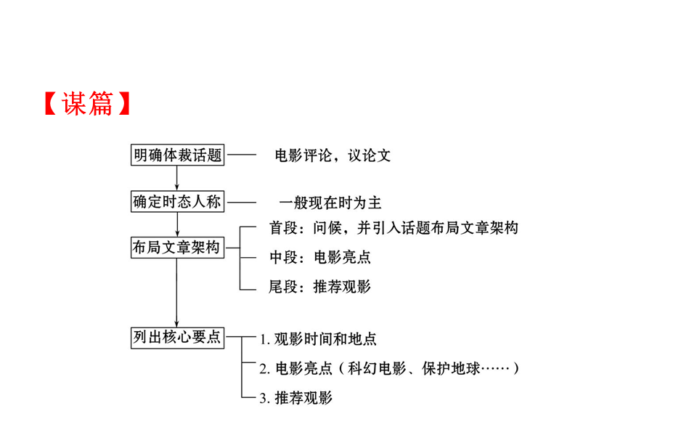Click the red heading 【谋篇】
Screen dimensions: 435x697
point(86,104)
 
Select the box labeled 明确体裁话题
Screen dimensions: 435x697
point(177,155)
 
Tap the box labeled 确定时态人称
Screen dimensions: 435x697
point(177,201)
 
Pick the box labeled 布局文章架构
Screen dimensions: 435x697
point(177,247)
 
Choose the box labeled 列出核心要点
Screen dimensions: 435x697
point(177,337)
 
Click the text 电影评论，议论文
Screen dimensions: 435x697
point(333,155)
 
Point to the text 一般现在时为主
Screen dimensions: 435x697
point(330,203)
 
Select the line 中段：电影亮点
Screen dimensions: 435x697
point(320,257)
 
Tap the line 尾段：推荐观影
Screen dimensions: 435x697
point(320,287)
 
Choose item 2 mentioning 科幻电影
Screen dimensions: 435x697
point(390,368)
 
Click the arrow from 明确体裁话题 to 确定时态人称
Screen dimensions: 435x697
point(177,178)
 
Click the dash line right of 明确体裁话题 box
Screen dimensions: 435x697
point(242,155)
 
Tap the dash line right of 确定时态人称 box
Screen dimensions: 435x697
point(242,201)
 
